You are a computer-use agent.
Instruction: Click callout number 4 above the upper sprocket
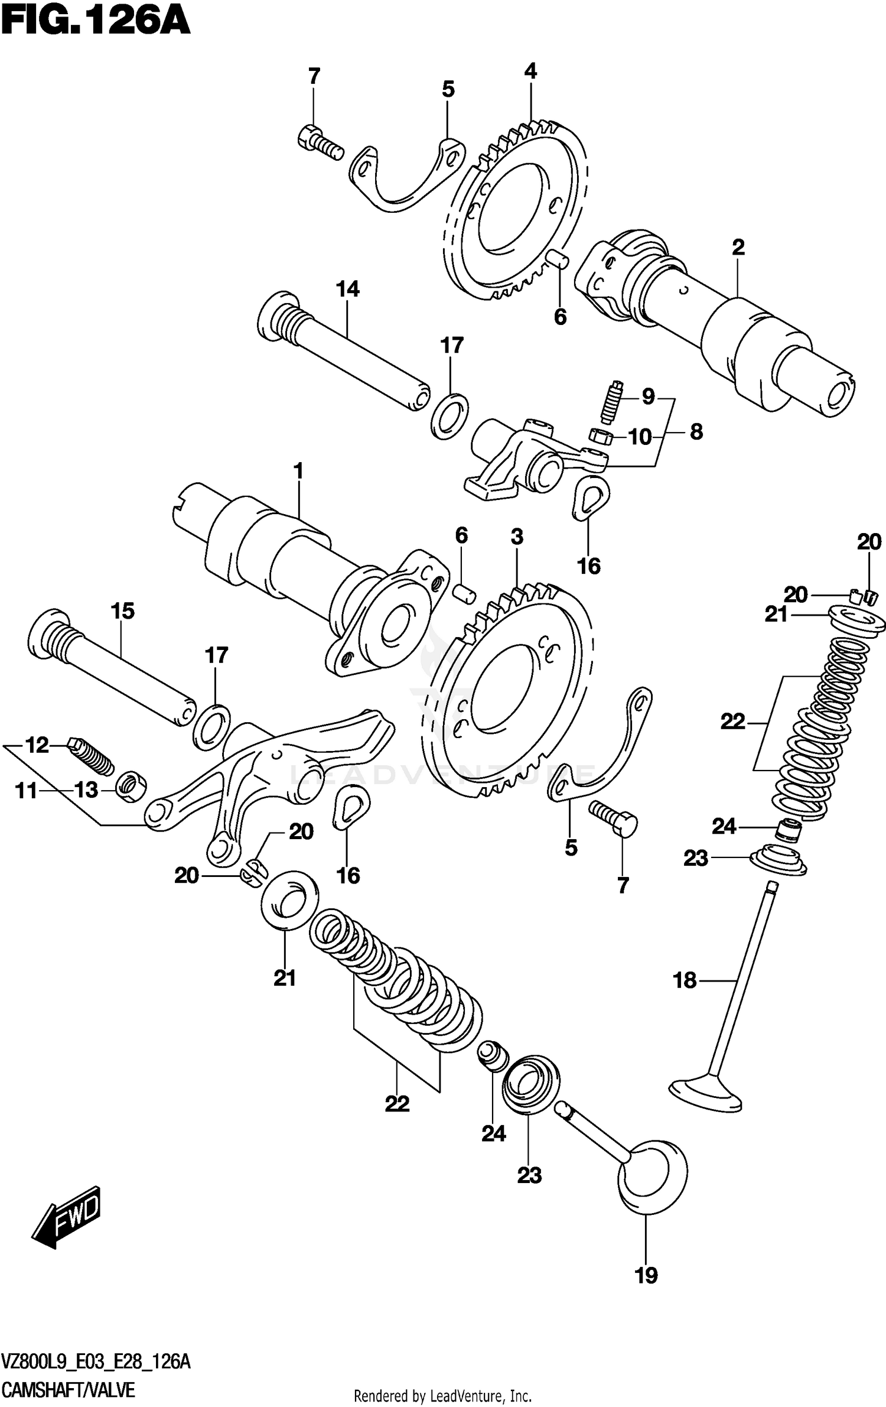click(530, 72)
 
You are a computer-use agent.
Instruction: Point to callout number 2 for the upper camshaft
click(738, 248)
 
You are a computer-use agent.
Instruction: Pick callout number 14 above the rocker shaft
click(347, 290)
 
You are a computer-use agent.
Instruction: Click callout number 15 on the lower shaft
click(123, 611)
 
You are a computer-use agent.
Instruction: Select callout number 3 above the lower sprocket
click(517, 537)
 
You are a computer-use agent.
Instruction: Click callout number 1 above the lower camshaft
click(298, 472)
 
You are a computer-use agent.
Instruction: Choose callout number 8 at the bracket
click(696, 432)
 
